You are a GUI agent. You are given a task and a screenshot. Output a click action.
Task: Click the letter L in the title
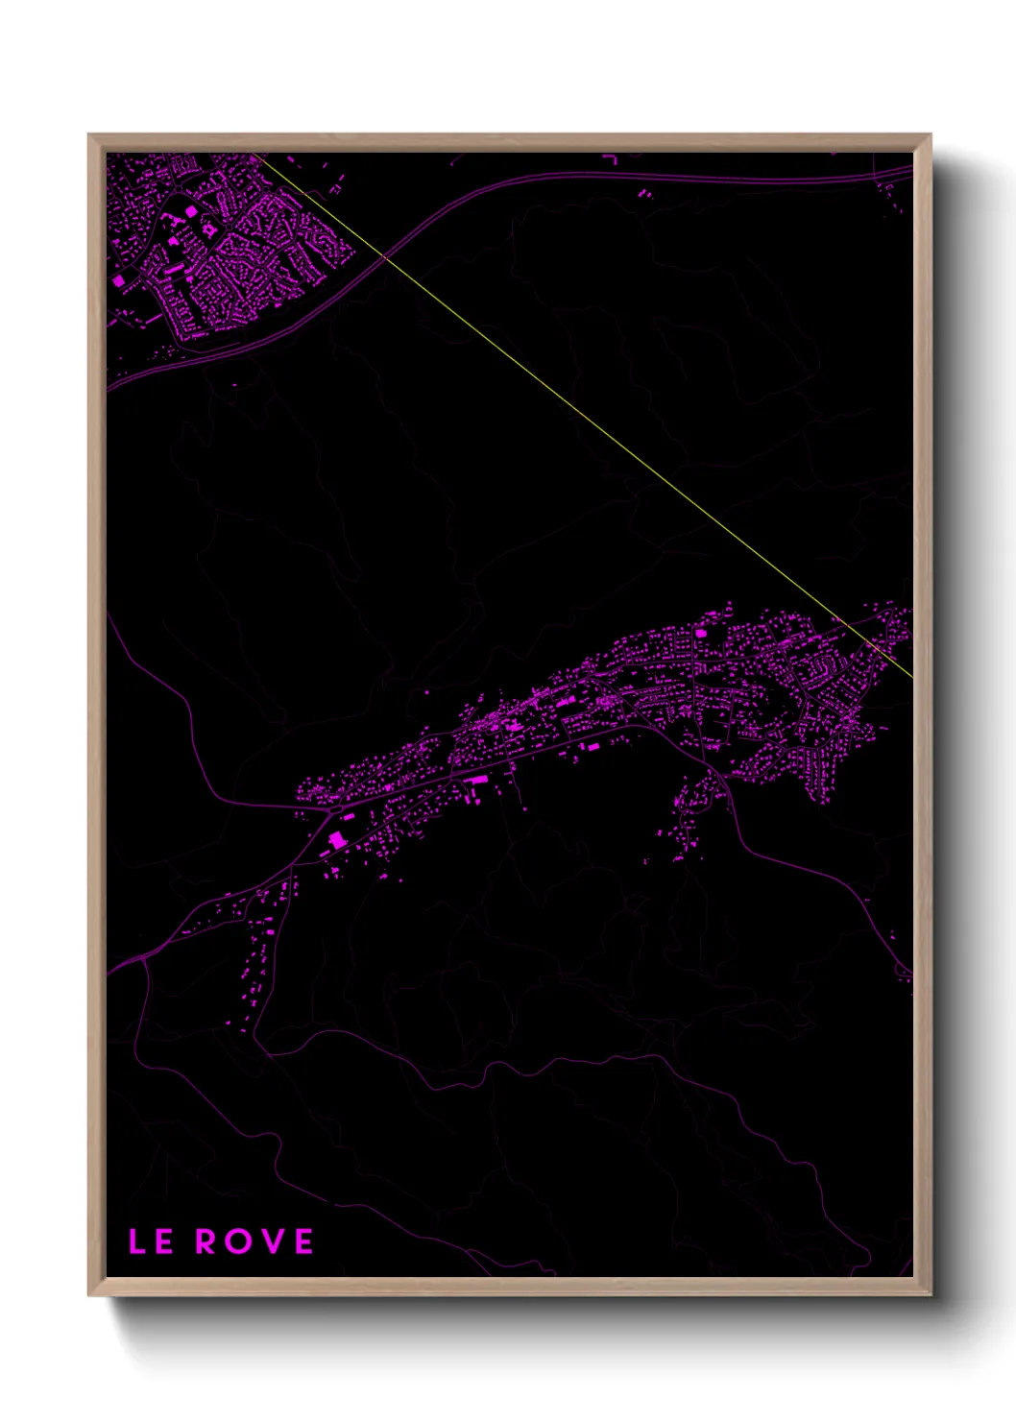pyautogui.click(x=136, y=1241)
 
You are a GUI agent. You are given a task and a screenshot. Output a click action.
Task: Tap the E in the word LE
pyautogui.click(x=163, y=1241)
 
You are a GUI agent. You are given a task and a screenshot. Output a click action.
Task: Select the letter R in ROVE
pyautogui.click(x=206, y=1241)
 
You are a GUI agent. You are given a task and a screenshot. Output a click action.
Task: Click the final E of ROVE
pyautogui.click(x=303, y=1241)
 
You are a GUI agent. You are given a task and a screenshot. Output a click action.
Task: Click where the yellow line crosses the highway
pyautogui.click(x=385, y=255)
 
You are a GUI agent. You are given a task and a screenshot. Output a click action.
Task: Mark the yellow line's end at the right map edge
pyautogui.click(x=910, y=676)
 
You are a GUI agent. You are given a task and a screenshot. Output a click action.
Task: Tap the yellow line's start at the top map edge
pyautogui.click(x=255, y=154)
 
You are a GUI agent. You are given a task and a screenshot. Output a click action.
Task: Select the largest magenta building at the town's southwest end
pyautogui.click(x=337, y=840)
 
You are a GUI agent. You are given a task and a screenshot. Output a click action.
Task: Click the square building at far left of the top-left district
pyautogui.click(x=119, y=281)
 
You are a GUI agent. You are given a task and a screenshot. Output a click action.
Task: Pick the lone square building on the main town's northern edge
pyautogui.click(x=700, y=634)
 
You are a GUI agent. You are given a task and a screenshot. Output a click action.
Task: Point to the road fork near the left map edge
pyautogui.click(x=144, y=957)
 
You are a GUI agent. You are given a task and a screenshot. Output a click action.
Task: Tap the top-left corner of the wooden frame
pyautogui.click(x=89, y=135)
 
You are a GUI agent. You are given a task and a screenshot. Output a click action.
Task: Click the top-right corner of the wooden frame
pyautogui.click(x=930, y=135)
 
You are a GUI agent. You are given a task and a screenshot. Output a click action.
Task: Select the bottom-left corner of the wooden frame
pyautogui.click(x=89, y=1294)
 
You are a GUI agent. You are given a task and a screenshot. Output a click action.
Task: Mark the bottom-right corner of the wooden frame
pyautogui.click(x=930, y=1294)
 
